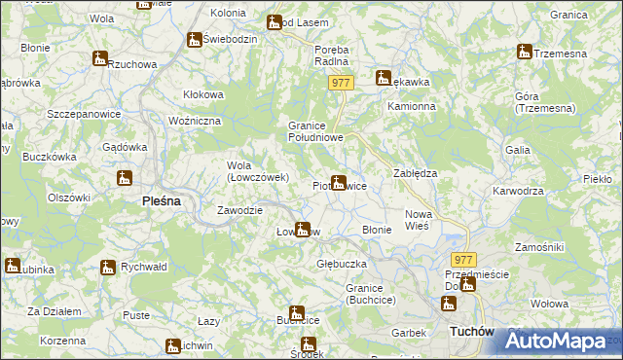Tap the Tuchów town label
473,332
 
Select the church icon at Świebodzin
195,40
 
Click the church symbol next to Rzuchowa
99,58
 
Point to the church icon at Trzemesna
525,52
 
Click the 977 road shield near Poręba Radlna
339,84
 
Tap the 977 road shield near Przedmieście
463,260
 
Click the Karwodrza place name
518,191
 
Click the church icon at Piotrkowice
338,181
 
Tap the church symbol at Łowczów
303,230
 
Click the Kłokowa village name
203,94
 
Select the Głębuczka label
341,264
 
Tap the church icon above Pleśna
124,178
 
